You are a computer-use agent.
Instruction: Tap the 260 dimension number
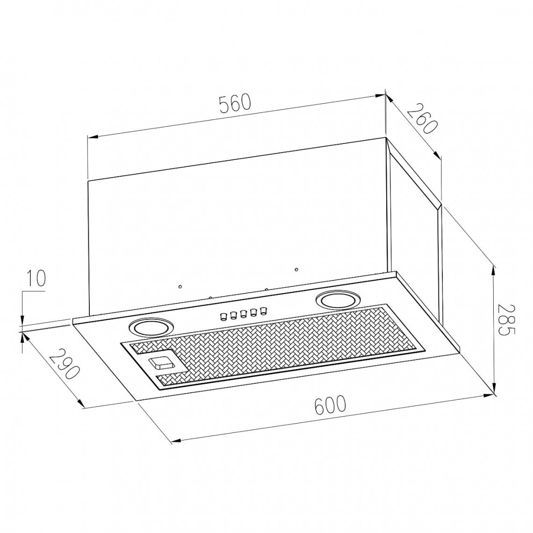[x=421, y=119]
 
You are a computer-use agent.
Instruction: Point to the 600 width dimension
[x=330, y=405]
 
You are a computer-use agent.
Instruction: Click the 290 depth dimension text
[x=65, y=364]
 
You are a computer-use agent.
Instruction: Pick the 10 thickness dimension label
[x=36, y=279]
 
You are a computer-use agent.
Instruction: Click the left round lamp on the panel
[x=150, y=328]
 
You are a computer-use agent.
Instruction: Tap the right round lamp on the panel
[x=337, y=300]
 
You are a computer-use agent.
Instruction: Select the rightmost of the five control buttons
[x=263, y=310]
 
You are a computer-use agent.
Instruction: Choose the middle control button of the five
[x=244, y=313]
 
